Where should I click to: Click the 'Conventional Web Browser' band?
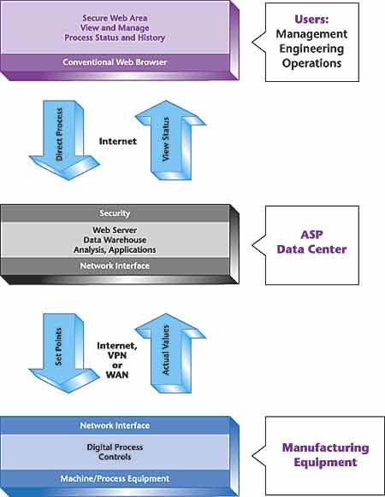click(x=115, y=62)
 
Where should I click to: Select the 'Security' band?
click(x=115, y=213)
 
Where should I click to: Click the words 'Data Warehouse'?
click(x=115, y=240)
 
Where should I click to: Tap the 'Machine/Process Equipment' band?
click(x=115, y=478)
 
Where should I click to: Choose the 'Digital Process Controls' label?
click(x=115, y=452)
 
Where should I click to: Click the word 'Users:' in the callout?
click(x=311, y=20)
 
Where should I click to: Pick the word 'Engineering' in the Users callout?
click(x=311, y=49)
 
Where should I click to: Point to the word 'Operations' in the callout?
click(x=311, y=63)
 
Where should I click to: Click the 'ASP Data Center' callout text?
click(x=311, y=242)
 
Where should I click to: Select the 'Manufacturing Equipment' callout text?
click(x=326, y=455)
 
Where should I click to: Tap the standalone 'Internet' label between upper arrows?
click(x=118, y=141)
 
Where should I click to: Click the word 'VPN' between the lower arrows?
click(x=117, y=355)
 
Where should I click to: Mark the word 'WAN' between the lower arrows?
click(x=117, y=375)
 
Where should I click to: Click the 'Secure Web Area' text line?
click(x=115, y=18)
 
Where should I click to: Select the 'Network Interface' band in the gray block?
click(x=115, y=266)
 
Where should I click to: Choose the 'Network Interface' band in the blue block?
click(x=115, y=425)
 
